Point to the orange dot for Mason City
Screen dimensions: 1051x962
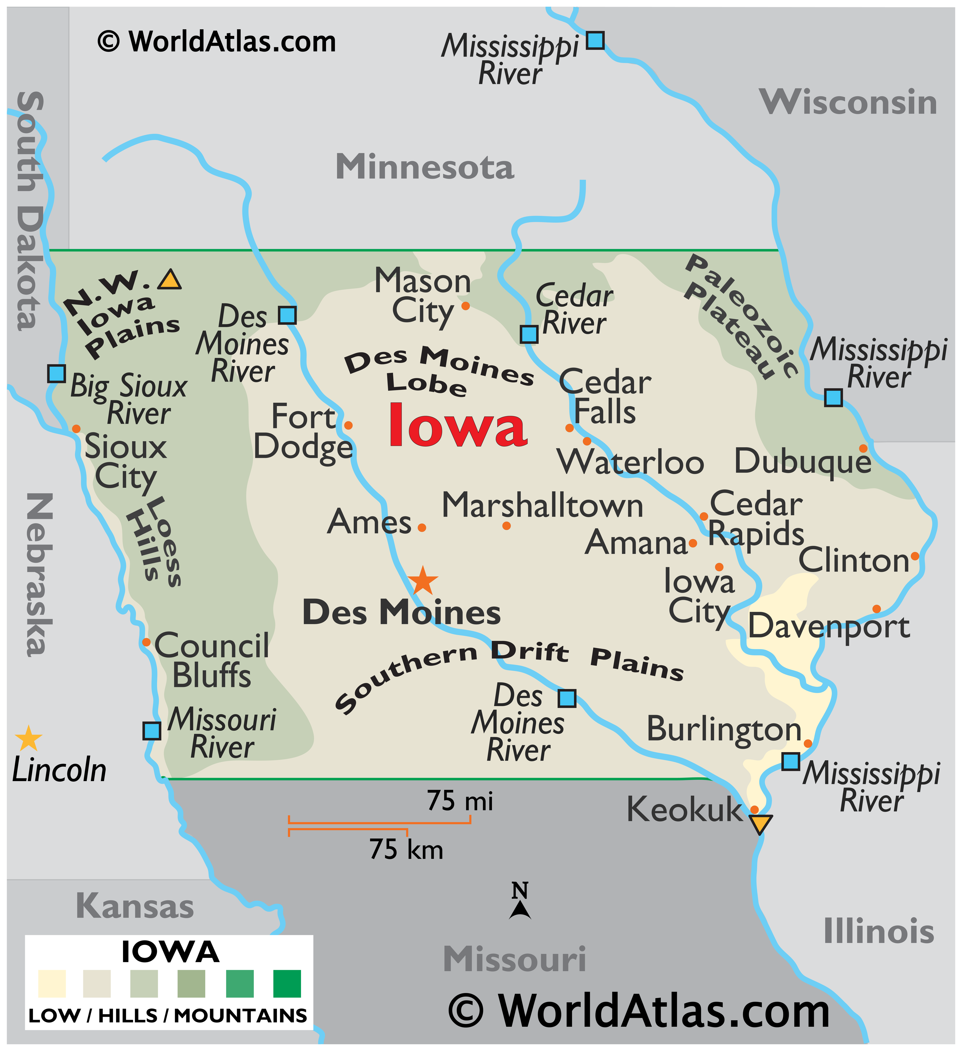[x=466, y=306]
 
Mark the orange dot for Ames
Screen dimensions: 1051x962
[x=422, y=528]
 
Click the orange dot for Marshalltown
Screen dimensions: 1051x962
[x=506, y=526]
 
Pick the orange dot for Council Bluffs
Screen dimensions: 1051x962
[x=146, y=642]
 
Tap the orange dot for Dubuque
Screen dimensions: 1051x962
[x=863, y=448]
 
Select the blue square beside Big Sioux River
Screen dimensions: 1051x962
[x=56, y=373]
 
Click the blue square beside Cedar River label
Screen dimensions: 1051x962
[x=529, y=334]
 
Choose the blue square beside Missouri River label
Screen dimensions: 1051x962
[x=152, y=731]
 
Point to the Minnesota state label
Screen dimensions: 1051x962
[x=425, y=167]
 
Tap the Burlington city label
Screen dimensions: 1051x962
[x=724, y=729]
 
